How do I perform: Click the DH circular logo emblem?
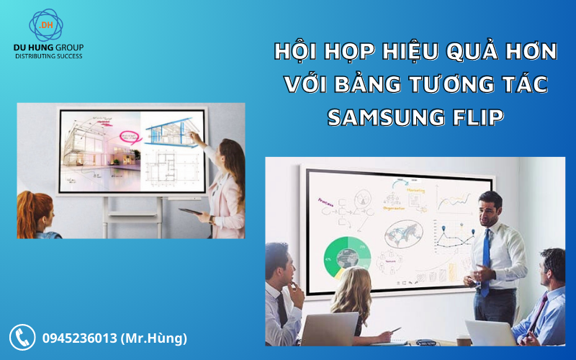(x=46, y=25)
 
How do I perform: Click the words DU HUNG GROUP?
(x=49, y=48)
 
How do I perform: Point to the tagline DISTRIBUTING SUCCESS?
(x=49, y=56)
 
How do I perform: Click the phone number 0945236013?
(x=79, y=338)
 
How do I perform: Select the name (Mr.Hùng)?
(x=155, y=338)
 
